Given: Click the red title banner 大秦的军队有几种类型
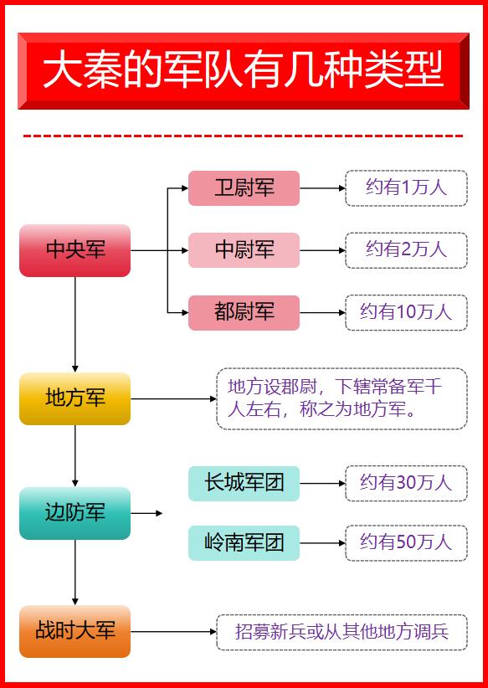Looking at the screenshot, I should point(243,71).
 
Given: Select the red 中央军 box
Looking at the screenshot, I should point(75,250).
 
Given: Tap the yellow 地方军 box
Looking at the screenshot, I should point(75,398).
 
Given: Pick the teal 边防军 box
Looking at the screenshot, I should point(75,512).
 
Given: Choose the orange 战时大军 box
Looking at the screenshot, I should point(75,631).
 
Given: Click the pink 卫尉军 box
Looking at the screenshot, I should point(244,187).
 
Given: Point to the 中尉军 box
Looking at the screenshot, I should point(244,250).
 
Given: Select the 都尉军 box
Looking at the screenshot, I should point(244,313).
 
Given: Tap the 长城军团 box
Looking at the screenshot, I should point(244,483).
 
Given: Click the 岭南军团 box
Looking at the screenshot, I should point(244,542).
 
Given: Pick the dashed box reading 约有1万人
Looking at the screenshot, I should point(406,187).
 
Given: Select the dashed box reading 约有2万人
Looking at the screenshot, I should point(406,250).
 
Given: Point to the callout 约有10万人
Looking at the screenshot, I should point(406,313).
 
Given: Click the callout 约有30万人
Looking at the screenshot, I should point(406,483).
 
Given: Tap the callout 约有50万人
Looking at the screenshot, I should point(406,542).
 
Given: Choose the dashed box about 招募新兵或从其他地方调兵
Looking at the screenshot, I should point(342,632).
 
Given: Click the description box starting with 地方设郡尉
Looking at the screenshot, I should point(342,399).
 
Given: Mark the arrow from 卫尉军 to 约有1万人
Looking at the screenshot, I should point(322,188).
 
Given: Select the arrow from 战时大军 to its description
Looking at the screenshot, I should point(173,632).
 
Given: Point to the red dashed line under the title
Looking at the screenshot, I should point(243,136).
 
